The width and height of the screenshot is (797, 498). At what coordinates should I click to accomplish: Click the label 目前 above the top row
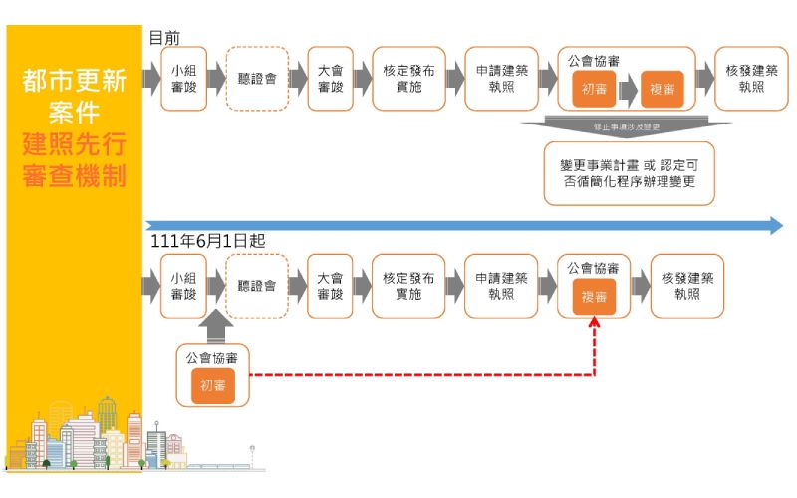point(164,37)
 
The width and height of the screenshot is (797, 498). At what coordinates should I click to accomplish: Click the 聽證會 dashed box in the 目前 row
point(258,79)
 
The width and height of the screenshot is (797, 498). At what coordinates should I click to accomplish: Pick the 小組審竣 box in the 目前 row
point(183,79)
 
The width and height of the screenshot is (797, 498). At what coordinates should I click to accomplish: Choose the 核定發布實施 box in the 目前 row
point(408,79)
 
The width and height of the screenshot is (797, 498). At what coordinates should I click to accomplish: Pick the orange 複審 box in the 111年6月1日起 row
point(595,296)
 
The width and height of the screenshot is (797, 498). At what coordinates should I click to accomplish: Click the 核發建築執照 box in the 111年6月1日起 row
point(687,286)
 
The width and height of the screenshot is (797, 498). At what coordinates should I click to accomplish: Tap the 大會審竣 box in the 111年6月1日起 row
point(330,286)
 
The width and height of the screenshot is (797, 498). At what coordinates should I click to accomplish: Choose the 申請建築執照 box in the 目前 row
point(501,79)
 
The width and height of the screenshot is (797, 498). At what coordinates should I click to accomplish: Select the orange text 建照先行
point(75,145)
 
